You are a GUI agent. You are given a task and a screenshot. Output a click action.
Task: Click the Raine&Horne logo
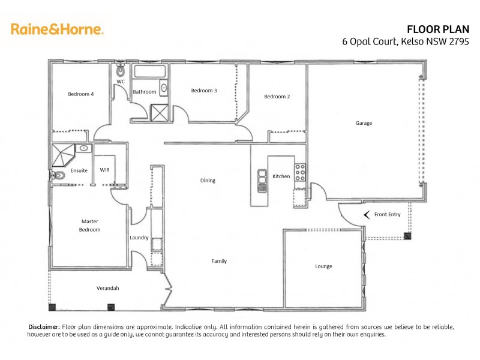pyautogui.click(x=58, y=28)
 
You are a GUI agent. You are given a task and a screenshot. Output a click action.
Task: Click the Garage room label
pyautogui.click(x=364, y=123)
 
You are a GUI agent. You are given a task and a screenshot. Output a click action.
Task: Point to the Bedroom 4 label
pyautogui.click(x=80, y=94)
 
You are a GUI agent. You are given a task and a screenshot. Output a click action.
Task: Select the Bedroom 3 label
pyautogui.click(x=204, y=91)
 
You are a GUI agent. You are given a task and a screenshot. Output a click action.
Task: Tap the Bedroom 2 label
pyautogui.click(x=277, y=97)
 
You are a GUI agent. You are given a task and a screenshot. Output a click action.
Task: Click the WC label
pyautogui.click(x=120, y=81)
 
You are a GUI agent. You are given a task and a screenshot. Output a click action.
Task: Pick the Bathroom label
pyautogui.click(x=145, y=92)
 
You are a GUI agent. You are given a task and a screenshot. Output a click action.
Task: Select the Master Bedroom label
pyautogui.click(x=90, y=226)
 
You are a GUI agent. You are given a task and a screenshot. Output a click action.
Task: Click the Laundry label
pyautogui.click(x=139, y=238)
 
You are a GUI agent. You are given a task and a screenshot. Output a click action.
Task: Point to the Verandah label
pyautogui.click(x=108, y=289)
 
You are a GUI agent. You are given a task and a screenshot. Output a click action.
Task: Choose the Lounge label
pyautogui.click(x=323, y=266)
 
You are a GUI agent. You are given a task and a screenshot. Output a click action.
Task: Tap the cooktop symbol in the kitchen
pyautogui.click(x=300, y=172)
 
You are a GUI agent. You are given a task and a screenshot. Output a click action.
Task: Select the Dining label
pyautogui.click(x=208, y=181)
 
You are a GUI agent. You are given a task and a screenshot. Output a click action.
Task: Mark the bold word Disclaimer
pyautogui.click(x=44, y=326)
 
